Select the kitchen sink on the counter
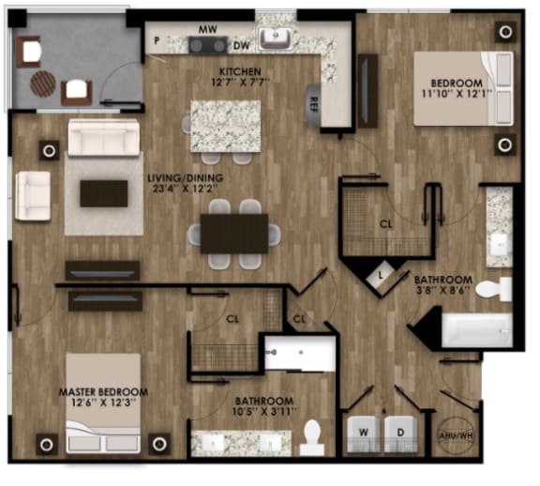coord(275,38)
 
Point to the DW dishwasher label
coord(241,45)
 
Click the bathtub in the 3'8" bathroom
coord(476,330)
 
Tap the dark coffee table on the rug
coord(103,193)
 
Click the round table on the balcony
coord(43,83)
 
